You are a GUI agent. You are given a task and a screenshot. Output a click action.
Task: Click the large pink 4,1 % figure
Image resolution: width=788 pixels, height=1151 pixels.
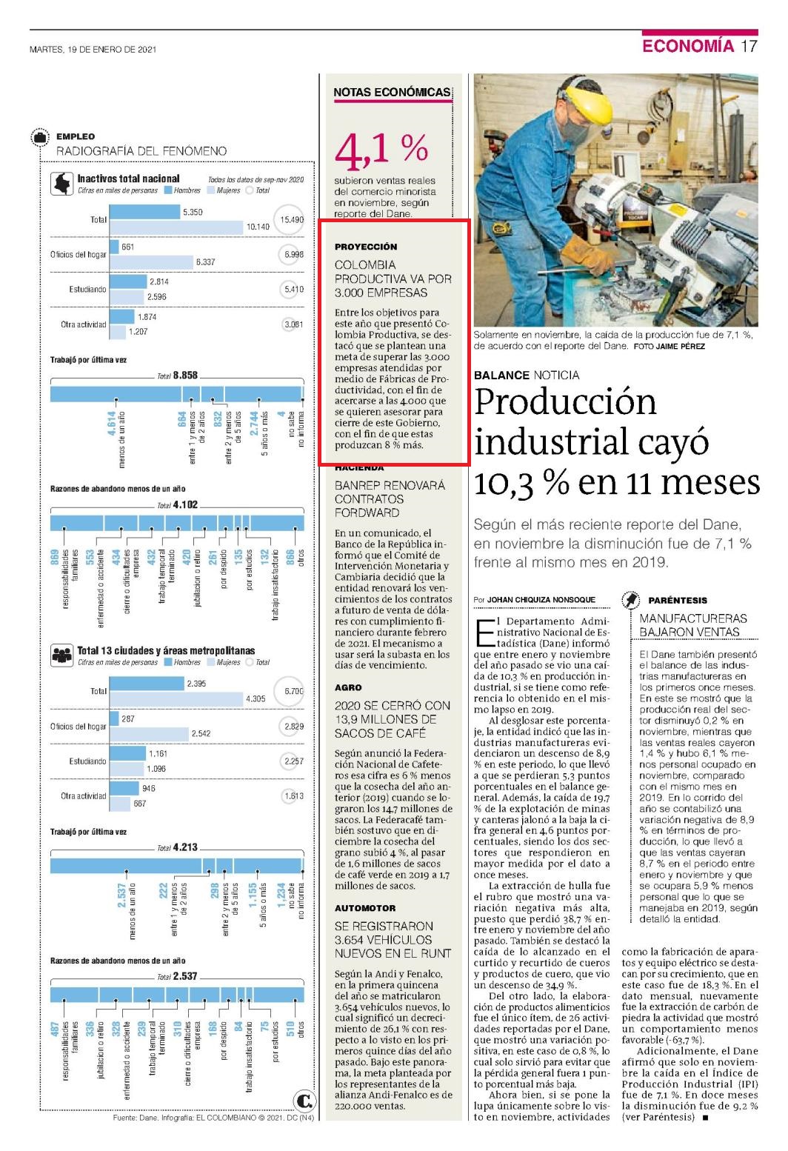(x=381, y=150)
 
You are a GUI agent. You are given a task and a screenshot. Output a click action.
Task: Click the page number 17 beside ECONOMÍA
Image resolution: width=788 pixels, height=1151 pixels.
(x=749, y=46)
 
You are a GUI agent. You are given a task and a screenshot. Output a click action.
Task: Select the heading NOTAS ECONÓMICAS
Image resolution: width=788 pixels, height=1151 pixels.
(x=392, y=93)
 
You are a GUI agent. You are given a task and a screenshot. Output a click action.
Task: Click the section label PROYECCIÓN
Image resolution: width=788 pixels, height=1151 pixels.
(x=366, y=247)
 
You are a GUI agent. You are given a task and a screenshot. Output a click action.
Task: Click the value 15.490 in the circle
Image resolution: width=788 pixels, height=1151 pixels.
(x=291, y=219)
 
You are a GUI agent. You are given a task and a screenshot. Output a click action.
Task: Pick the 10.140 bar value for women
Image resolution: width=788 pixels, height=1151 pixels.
(x=258, y=227)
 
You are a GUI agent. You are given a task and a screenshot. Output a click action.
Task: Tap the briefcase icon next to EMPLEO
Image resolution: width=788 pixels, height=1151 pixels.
(x=40, y=138)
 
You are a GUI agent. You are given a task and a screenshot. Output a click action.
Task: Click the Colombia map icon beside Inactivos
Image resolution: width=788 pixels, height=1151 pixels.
(x=61, y=184)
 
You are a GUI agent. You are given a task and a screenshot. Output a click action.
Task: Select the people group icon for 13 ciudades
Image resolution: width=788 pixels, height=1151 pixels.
(x=61, y=655)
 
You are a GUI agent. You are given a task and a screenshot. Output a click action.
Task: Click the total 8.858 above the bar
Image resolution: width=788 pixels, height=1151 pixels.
(x=185, y=375)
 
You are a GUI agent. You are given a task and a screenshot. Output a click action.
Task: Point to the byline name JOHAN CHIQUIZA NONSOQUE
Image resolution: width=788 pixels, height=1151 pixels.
(x=541, y=599)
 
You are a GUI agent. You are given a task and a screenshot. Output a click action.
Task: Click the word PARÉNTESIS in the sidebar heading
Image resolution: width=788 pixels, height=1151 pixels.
(x=678, y=600)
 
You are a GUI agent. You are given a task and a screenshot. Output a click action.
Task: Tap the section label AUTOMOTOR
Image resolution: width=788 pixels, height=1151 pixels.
(x=365, y=908)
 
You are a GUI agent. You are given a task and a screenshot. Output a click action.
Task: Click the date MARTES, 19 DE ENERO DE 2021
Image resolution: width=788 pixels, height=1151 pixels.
(x=93, y=50)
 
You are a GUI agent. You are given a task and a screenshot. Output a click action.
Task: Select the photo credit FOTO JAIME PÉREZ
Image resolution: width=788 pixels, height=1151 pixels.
(x=669, y=347)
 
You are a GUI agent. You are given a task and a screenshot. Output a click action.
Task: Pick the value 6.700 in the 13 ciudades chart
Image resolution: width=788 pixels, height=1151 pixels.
(x=294, y=691)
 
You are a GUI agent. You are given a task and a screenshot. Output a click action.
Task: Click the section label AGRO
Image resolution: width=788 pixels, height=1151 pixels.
(x=348, y=687)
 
